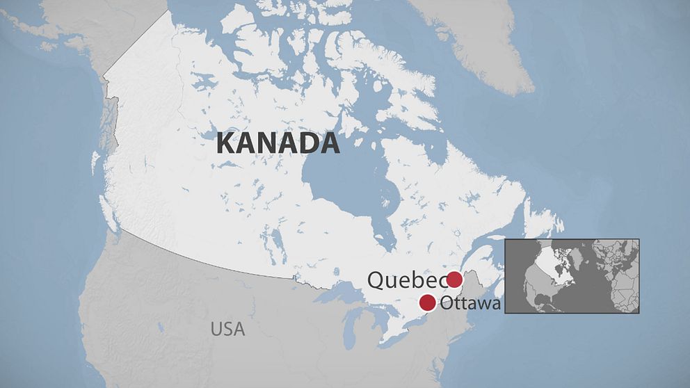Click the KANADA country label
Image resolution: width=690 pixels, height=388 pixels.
coord(278,143)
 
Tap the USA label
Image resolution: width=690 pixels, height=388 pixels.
coord(228,329)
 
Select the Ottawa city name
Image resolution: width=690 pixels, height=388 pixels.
coord(470,303)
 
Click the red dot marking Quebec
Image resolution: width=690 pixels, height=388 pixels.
coord(454,280)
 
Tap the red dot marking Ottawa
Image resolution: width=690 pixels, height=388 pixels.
coord(427,302)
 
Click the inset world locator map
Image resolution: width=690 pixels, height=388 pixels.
coord(571,276)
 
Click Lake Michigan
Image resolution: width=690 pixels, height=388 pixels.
coord(352,327)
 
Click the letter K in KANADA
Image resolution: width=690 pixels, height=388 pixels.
coord(225,143)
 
